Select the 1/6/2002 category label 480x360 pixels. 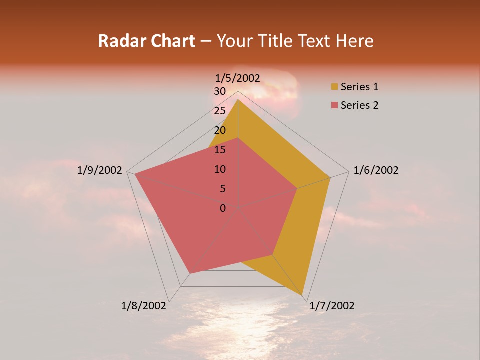click(376, 170)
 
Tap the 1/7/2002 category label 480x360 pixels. click(332, 306)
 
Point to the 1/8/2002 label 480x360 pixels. click(143, 306)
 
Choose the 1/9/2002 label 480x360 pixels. click(100, 170)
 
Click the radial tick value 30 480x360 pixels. click(220, 91)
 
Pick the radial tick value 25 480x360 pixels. click(220, 111)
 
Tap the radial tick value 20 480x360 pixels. click(220, 130)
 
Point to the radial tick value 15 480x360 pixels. click(220, 150)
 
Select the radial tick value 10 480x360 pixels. click(220, 169)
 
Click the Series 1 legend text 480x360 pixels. click(359, 87)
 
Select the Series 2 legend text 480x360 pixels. click(359, 105)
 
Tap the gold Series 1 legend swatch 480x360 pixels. click(334, 87)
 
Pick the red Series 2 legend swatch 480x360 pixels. click(334, 105)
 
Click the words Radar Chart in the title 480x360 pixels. click(146, 41)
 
